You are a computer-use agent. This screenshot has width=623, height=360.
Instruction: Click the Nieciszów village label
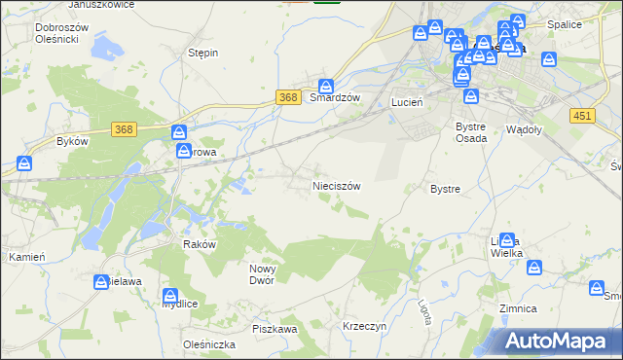click(337, 185)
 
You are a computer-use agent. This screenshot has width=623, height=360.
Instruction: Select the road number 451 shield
click(582, 115)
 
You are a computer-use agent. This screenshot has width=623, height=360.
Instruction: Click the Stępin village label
click(202, 53)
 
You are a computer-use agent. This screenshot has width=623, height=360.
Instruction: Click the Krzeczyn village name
click(365, 327)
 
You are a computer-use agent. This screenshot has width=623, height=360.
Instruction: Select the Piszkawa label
click(275, 330)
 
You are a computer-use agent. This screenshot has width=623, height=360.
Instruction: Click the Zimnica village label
click(518, 308)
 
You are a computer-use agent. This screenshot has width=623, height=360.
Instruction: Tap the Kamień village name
click(22, 257)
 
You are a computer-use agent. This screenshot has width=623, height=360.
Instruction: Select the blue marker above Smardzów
click(327, 85)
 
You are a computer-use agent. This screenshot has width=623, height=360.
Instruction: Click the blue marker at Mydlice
click(171, 294)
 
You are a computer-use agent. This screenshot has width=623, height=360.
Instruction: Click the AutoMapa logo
click(561, 342)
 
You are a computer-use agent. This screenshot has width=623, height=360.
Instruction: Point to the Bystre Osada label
click(471, 132)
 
